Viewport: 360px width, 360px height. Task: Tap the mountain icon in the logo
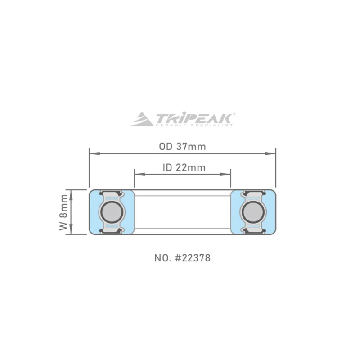coord(142,119)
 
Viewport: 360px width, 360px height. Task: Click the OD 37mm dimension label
coord(183,147)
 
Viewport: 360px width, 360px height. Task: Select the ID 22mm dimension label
coord(184,167)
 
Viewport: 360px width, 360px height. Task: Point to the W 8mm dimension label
coord(63,212)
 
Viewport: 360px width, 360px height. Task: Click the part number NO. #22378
coord(183,258)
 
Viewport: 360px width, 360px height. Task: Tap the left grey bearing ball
coord(112,212)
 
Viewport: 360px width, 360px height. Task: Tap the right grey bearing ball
coord(253,212)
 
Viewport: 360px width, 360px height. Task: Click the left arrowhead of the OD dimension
coord(94,153)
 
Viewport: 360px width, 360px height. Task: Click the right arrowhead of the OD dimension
coord(270,153)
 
